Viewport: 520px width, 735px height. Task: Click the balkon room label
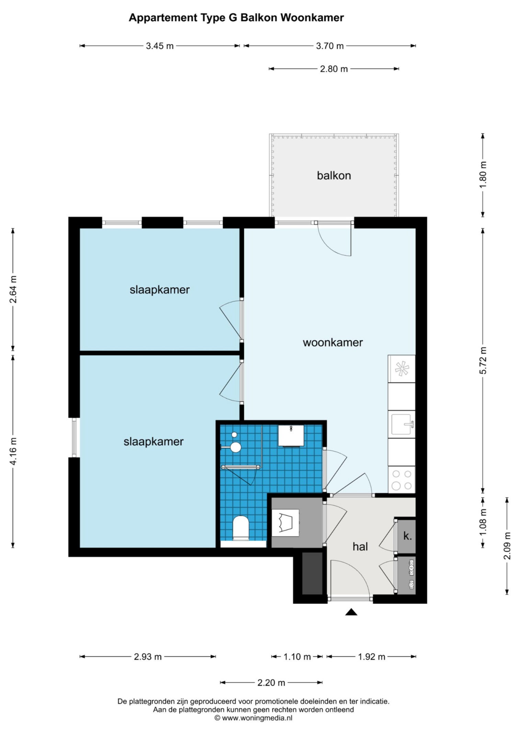click(x=334, y=175)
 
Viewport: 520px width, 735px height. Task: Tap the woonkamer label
click(x=332, y=342)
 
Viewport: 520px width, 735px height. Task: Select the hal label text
click(x=360, y=546)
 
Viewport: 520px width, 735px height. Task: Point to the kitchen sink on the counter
click(x=402, y=424)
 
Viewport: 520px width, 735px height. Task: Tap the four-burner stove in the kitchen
click(x=402, y=480)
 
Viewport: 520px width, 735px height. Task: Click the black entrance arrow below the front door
click(x=351, y=612)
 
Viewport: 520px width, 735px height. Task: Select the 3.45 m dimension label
click(x=160, y=46)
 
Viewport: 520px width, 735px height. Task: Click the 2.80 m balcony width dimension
click(x=334, y=69)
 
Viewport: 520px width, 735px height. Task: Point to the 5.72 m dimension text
click(x=483, y=360)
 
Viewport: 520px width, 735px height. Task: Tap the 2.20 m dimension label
click(x=271, y=682)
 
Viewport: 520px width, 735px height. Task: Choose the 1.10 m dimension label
click(x=297, y=657)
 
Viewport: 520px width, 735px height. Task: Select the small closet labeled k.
click(x=407, y=536)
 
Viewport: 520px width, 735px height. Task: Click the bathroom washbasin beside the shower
click(x=291, y=435)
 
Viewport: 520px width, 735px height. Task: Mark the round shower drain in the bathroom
click(x=234, y=435)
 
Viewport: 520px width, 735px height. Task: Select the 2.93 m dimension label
click(x=148, y=657)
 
